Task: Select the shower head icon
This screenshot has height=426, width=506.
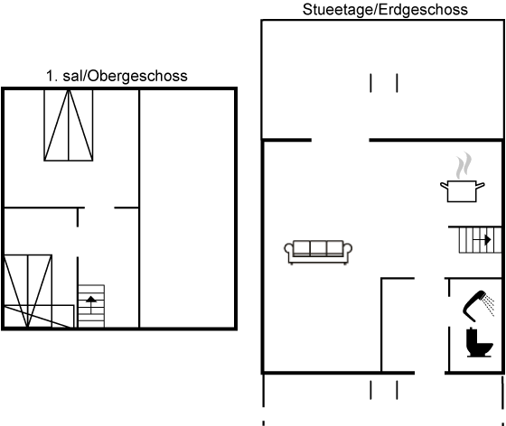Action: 475,305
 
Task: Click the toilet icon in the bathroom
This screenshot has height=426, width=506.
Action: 480,342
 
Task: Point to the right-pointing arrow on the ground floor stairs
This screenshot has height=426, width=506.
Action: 482,240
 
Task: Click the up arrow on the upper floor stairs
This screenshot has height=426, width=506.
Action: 91,304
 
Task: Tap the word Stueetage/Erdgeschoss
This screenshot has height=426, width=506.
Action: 385,10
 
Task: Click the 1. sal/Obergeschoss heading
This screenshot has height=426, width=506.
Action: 117,76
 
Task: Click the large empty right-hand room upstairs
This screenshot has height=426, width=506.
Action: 187,208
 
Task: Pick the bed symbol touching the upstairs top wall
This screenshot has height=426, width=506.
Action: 69,125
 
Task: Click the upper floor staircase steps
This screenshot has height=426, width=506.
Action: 91,306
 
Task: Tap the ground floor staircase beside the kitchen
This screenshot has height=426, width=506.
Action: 480,240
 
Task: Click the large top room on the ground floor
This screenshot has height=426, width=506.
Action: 382,79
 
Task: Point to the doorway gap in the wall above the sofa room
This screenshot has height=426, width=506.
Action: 340,140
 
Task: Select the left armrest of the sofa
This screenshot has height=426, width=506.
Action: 289,250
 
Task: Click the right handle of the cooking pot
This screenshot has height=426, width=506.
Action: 481,185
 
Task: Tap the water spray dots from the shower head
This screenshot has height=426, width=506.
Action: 488,304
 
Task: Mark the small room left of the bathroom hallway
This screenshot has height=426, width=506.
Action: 398,325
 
